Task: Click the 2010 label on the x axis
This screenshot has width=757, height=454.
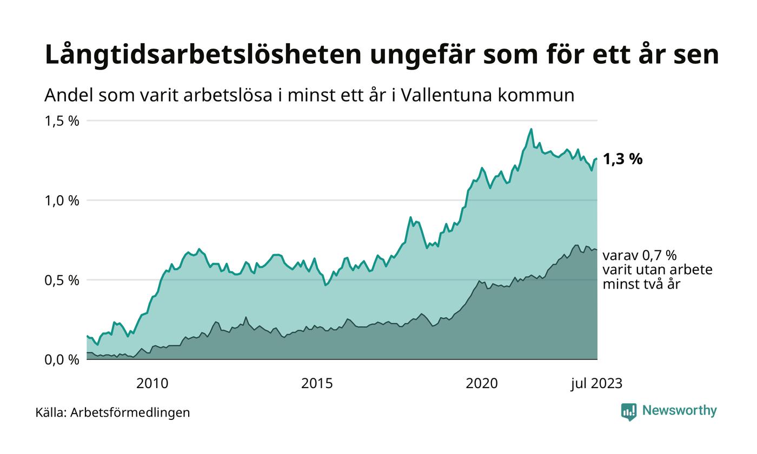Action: point(152,384)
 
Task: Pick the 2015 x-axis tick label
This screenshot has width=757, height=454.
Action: point(317,384)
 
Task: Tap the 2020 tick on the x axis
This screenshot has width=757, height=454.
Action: point(482,384)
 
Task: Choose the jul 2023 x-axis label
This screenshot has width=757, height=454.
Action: point(596,384)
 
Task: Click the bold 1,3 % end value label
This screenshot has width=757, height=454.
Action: point(622,159)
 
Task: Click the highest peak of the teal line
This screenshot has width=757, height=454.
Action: point(531,129)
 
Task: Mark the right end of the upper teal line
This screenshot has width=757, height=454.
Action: point(597,158)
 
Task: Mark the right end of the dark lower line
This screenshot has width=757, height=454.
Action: point(597,250)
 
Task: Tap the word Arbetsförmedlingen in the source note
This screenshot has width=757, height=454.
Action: point(130,413)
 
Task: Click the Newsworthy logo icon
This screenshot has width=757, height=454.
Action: point(629,412)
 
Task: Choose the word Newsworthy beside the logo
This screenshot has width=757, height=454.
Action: point(679,411)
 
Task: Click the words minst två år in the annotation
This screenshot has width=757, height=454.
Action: point(641,284)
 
